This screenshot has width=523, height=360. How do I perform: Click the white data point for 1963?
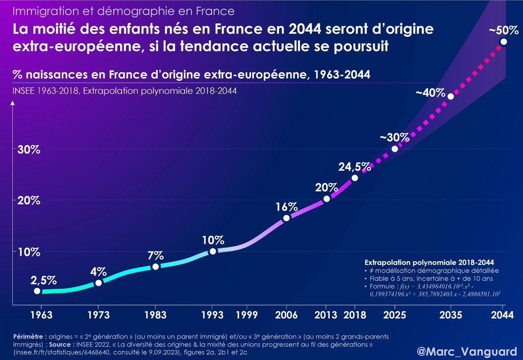pyautogui.click(x=37, y=291)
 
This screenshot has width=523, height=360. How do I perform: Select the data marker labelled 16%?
pyautogui.click(x=286, y=218)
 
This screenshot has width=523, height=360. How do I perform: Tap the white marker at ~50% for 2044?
pyautogui.click(x=503, y=41)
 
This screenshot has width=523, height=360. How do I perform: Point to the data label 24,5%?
pyautogui.click(x=355, y=167)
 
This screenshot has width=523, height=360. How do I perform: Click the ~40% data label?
pyautogui.click(x=430, y=93)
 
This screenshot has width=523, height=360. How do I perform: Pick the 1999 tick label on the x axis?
pyautogui.click(x=247, y=315)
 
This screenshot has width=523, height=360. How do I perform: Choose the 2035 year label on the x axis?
pyautogui.click(x=451, y=315)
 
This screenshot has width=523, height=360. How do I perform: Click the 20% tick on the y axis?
pyautogui.click(x=28, y=200)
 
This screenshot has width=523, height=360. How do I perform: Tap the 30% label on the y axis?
pyautogui.click(x=28, y=150)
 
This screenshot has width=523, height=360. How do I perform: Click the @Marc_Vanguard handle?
pyautogui.click(x=467, y=351)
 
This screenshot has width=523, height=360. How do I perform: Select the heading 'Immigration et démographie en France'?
pyautogui.click(x=123, y=11)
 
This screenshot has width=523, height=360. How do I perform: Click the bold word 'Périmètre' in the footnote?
pyautogui.click(x=30, y=337)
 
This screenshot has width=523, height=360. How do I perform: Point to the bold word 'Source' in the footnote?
pyautogui.click(x=60, y=344)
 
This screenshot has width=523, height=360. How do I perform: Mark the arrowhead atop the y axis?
pyautogui.click(x=13, y=103)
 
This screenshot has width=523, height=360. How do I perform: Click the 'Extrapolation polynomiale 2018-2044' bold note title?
pyautogui.click(x=429, y=262)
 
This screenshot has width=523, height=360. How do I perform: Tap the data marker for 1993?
pyautogui.click(x=213, y=251)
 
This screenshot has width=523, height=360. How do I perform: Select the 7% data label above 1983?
pyautogui.click(x=155, y=255)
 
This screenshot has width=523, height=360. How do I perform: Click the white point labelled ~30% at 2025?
pyautogui.click(x=395, y=149)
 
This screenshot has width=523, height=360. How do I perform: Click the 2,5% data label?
pyautogui.click(x=43, y=281)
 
